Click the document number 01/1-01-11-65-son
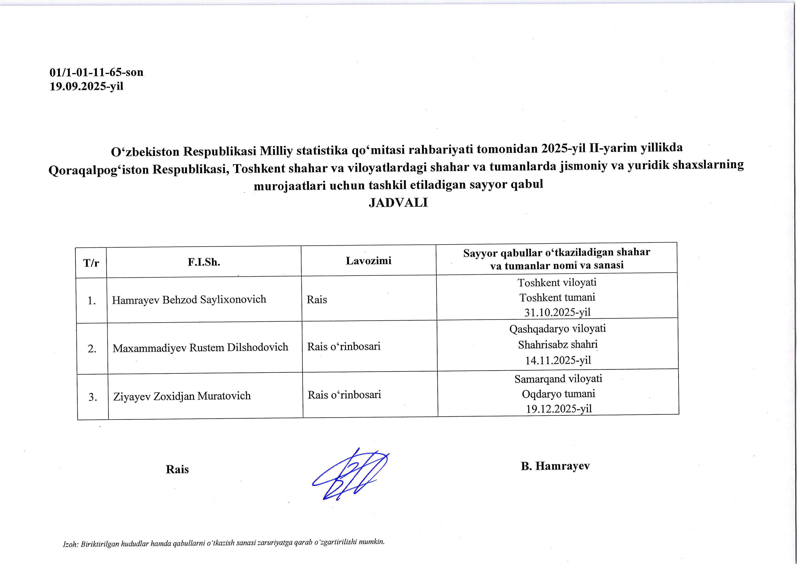tap(97, 72)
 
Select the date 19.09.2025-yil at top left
tap(86, 86)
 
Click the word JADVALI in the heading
tap(398, 203)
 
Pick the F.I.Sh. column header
tap(204, 262)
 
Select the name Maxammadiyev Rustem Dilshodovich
tap(200, 347)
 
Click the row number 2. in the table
tap(92, 349)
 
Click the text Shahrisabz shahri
tap(558, 345)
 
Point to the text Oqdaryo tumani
tap(558, 394)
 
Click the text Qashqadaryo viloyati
tap(558, 329)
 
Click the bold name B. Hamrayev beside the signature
tap(555, 466)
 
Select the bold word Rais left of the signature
tap(177, 469)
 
